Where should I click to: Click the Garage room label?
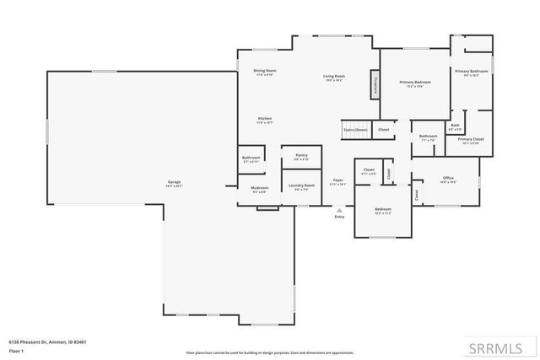pyautogui.click(x=175, y=183)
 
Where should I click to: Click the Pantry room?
pyautogui.click(x=301, y=157)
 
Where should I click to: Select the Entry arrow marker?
pyautogui.click(x=340, y=210)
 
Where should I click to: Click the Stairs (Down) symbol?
pyautogui.click(x=355, y=130)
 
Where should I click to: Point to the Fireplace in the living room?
pyautogui.click(x=372, y=86)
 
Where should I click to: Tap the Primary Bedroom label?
pyautogui.click(x=415, y=83)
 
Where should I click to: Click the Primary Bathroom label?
pyautogui.click(x=472, y=73)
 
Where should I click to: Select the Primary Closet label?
pyautogui.click(x=471, y=140)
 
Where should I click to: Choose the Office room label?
pyautogui.click(x=448, y=180)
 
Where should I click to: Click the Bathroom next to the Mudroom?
pyautogui.click(x=251, y=159)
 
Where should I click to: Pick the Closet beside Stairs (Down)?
pyautogui.click(x=383, y=130)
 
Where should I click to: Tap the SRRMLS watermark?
pyautogui.click(x=501, y=346)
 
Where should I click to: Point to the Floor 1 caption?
pyautogui.click(x=16, y=349)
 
